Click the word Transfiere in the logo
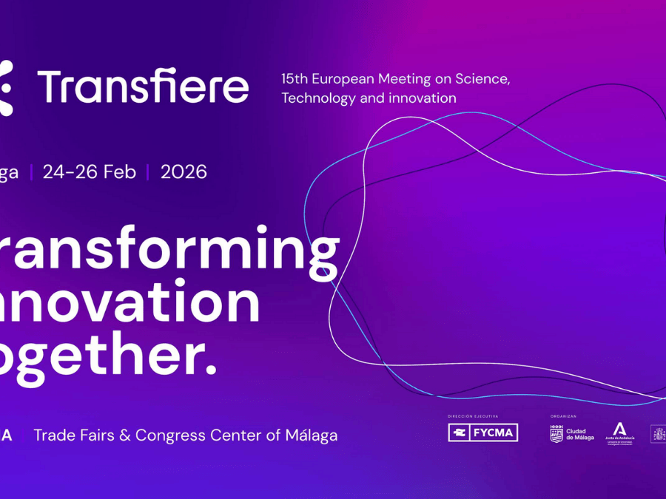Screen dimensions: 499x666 click(143, 87)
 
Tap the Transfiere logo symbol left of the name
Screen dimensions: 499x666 click(6, 88)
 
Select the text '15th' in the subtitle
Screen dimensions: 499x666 click(295, 79)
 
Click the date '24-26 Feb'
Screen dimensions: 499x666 click(90, 172)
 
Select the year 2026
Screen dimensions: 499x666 click(184, 172)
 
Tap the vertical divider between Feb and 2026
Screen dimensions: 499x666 click(148, 172)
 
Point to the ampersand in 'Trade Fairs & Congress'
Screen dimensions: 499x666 click(124, 435)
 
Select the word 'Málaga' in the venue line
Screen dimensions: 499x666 click(310, 435)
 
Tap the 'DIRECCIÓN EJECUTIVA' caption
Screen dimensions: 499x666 click(473, 417)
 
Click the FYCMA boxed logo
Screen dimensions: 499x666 click(482, 433)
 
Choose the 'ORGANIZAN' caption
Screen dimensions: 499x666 click(563, 417)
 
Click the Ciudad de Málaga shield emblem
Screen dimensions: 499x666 click(556, 434)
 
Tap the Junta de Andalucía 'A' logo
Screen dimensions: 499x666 click(620, 429)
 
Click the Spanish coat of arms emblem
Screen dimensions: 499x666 click(658, 434)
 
